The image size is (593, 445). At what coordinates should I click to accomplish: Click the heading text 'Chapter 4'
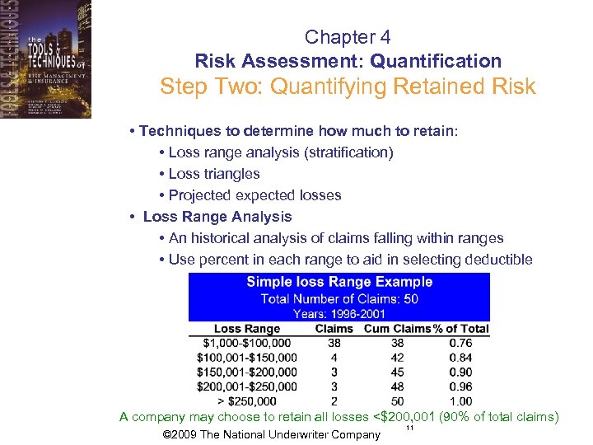(348, 37)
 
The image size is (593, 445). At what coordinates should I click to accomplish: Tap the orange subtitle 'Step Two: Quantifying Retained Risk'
(348, 87)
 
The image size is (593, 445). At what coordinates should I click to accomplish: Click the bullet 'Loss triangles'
(213, 174)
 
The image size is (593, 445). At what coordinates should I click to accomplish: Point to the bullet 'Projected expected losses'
(254, 195)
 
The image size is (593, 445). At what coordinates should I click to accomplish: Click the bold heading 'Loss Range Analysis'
(217, 217)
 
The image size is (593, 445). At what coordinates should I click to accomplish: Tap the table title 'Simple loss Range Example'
(339, 282)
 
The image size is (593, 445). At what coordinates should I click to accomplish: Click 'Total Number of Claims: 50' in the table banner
(339, 298)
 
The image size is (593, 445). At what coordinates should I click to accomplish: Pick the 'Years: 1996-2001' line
(339, 313)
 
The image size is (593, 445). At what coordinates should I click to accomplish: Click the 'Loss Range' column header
(247, 329)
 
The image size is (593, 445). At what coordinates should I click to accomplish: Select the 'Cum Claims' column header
(397, 329)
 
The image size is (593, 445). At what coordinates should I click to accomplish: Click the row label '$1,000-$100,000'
(247, 343)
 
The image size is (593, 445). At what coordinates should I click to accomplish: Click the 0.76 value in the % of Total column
(461, 343)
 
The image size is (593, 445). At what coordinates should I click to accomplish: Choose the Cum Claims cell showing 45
(397, 372)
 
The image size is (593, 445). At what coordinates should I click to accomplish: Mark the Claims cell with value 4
(334, 358)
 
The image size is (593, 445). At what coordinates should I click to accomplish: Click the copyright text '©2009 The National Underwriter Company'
(273, 435)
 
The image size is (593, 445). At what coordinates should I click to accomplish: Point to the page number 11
(409, 429)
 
